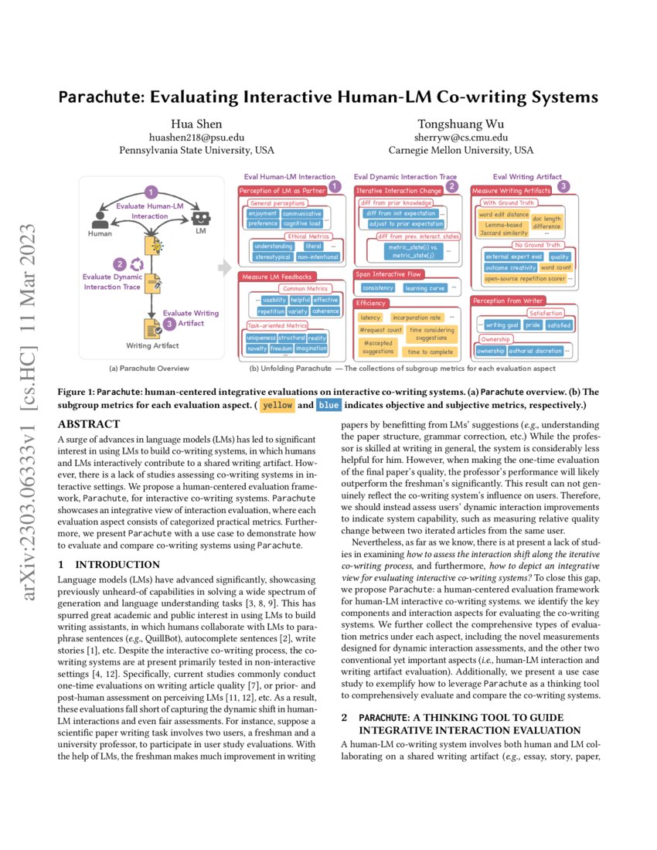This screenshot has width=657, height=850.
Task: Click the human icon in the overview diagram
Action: (x=99, y=219)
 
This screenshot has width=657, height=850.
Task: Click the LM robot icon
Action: (x=202, y=219)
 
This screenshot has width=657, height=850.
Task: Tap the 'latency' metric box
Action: (x=370, y=318)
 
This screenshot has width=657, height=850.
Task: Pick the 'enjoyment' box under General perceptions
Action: (x=263, y=213)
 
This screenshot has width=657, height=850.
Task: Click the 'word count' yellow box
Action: (x=557, y=267)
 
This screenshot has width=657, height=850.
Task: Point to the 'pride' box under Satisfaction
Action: (x=533, y=325)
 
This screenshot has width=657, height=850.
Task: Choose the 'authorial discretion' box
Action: (x=536, y=351)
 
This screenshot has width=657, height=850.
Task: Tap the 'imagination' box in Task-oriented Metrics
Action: (x=311, y=348)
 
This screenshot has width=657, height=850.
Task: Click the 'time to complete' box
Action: (x=431, y=352)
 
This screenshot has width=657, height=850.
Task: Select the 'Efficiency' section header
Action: (x=372, y=304)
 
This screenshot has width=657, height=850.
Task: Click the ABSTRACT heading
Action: (x=89, y=424)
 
